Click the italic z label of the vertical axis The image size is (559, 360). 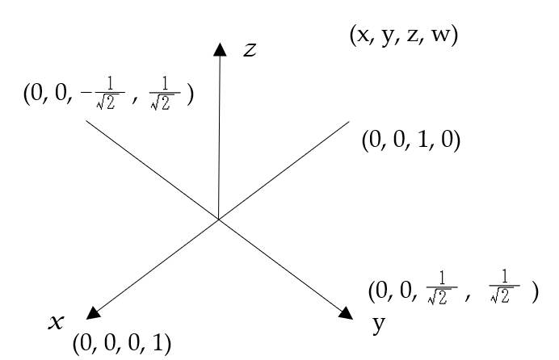coord(250,50)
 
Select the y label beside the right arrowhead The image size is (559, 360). coord(378,325)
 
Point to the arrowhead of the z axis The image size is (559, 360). coord(220,50)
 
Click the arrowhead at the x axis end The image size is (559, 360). coord(93,312)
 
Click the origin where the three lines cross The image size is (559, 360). coord(219,218)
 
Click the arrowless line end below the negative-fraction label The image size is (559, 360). coord(86,123)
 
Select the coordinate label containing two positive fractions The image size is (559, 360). coord(452,291)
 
